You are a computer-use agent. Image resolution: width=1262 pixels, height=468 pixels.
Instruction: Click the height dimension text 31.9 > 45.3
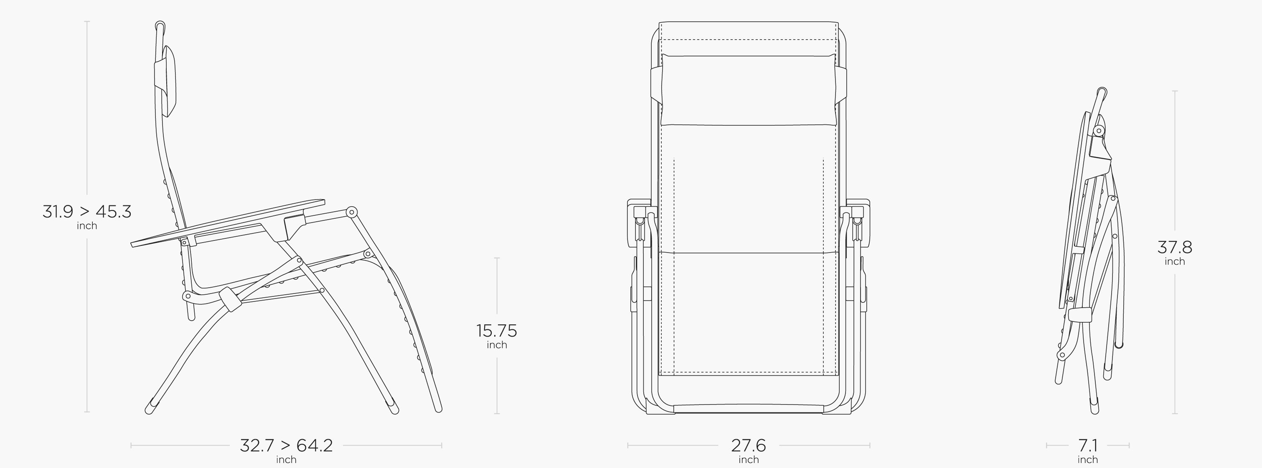(x=87, y=212)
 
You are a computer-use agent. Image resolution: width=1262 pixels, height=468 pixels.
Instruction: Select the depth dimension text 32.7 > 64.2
(x=286, y=445)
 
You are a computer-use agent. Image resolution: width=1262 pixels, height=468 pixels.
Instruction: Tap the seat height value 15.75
(x=497, y=331)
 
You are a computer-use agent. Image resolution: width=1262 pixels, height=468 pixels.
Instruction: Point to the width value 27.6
(x=749, y=445)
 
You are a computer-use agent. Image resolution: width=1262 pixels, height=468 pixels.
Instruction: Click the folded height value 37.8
(x=1175, y=247)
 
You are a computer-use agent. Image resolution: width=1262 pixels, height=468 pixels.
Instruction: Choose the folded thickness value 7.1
(x=1088, y=445)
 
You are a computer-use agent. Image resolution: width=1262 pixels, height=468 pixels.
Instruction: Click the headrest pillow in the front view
(x=749, y=90)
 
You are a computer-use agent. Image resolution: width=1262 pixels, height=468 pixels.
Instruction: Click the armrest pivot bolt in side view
(x=351, y=212)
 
